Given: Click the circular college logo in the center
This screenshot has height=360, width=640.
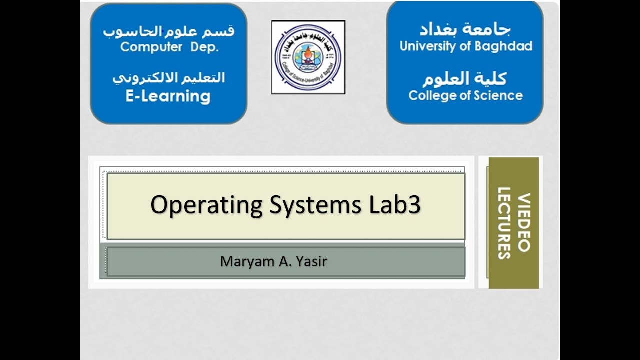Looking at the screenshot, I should (x=308, y=57).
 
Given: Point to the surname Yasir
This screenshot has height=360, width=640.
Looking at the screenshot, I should (x=312, y=261).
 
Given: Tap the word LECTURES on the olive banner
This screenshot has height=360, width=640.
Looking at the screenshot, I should (x=504, y=222).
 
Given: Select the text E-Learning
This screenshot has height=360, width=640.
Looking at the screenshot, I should (x=168, y=96).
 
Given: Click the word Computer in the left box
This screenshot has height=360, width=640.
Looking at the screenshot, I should (x=151, y=47).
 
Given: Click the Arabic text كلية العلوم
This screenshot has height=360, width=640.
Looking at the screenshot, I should (x=464, y=78).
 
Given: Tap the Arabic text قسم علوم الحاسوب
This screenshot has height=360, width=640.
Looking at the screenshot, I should (x=168, y=31).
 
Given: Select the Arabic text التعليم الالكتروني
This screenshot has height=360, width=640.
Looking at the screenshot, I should (x=168, y=78).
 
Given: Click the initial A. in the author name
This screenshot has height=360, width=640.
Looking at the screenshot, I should (x=282, y=261).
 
